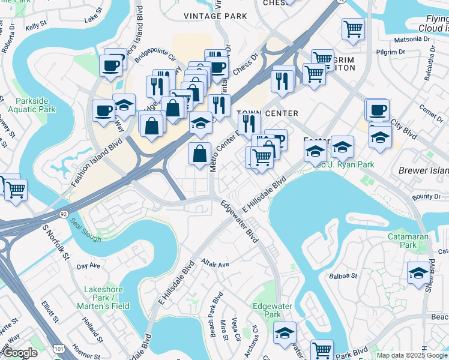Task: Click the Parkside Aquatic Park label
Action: [x=35, y=105]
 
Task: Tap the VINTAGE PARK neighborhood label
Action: [x=199, y=16]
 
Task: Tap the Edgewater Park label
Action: [x=272, y=310]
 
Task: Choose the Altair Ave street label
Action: [x=215, y=265]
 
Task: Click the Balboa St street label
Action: [x=343, y=277]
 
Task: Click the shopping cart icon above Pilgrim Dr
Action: [x=353, y=28]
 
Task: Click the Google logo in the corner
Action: [x=20, y=353]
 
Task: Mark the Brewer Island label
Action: [x=423, y=170]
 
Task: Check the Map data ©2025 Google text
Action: [x=412, y=355]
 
